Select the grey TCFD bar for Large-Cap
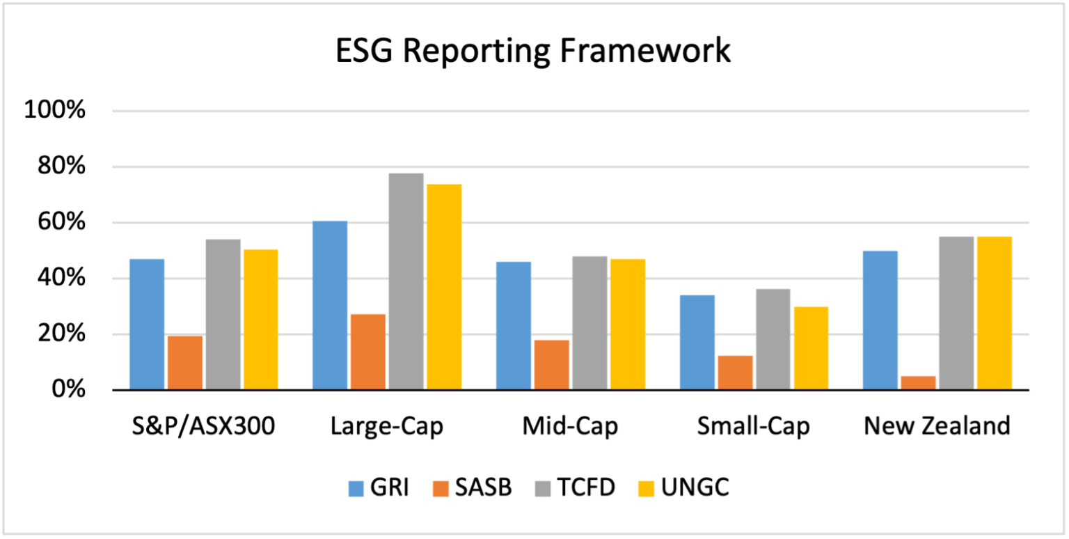(406, 281)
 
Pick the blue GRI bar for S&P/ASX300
(147, 324)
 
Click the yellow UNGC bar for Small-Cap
(811, 347)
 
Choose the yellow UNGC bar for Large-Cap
(444, 287)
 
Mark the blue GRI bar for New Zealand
(880, 320)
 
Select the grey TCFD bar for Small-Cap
(773, 339)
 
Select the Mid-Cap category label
(570, 425)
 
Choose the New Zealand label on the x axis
(937, 425)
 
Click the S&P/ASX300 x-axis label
(203, 425)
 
